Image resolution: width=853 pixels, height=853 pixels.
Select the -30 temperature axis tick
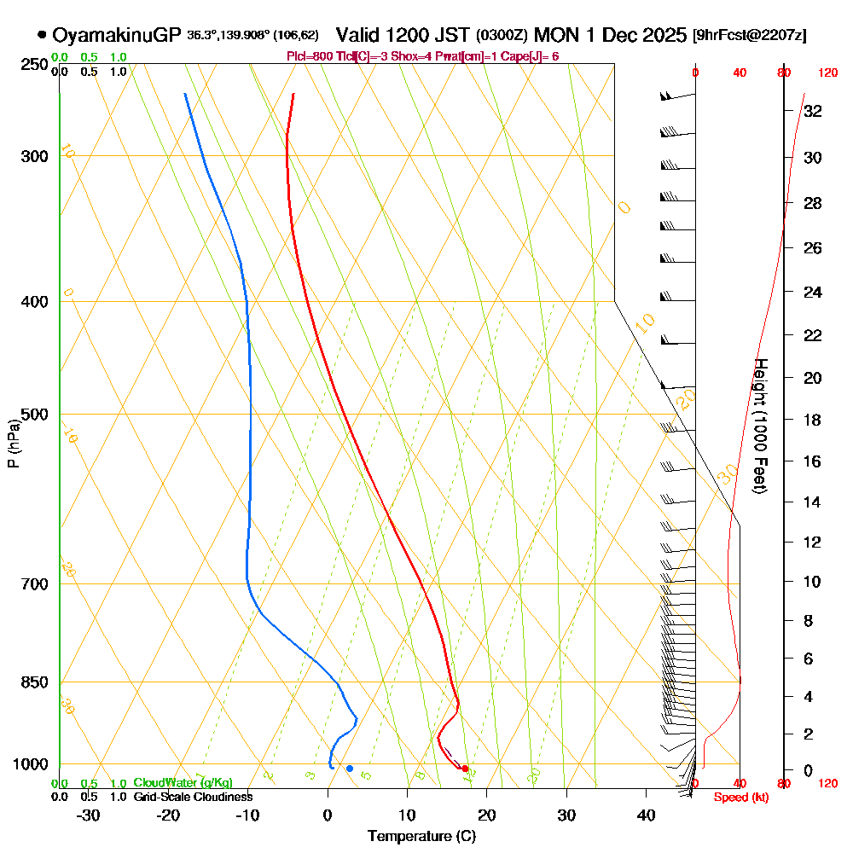(89, 815)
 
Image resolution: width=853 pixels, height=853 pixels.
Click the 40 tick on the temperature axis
(647, 815)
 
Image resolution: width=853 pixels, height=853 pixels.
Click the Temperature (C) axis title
(421, 837)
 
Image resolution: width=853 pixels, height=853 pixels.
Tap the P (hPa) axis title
(13, 444)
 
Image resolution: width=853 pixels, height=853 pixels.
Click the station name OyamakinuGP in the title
(117, 36)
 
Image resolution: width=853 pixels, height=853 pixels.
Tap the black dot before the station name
(42, 36)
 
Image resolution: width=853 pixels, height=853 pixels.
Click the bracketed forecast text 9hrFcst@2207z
(751, 36)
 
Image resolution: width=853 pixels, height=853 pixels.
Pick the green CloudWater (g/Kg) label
(183, 783)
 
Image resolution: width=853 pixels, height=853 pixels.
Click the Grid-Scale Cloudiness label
(193, 797)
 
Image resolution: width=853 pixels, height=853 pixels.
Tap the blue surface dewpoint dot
(350, 769)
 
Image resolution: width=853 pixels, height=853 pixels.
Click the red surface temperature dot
(465, 769)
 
